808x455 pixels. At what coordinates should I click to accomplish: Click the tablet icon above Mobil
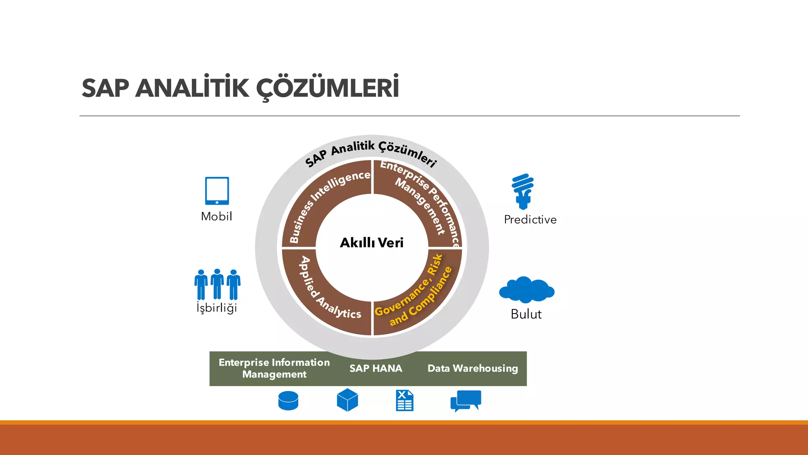click(x=217, y=191)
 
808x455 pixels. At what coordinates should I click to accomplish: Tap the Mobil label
click(x=217, y=216)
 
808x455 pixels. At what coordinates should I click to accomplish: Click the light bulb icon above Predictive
click(x=523, y=191)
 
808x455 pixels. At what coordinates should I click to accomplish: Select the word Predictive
click(x=530, y=220)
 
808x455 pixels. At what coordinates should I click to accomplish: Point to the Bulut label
click(x=526, y=314)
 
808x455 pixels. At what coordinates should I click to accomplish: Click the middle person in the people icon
click(x=217, y=284)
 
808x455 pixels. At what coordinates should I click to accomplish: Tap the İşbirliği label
click(x=217, y=308)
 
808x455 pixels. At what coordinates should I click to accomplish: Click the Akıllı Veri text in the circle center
click(x=372, y=243)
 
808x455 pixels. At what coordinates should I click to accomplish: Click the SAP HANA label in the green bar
click(x=376, y=369)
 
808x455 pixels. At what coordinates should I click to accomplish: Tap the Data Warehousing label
click(x=473, y=369)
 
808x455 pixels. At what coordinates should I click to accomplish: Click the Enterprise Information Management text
click(x=274, y=368)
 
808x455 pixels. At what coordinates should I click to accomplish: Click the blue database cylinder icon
click(x=288, y=401)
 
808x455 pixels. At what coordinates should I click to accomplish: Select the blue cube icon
click(x=347, y=400)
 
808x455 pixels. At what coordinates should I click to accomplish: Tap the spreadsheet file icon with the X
click(x=404, y=400)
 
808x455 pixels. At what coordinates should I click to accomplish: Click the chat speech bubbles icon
click(x=466, y=400)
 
